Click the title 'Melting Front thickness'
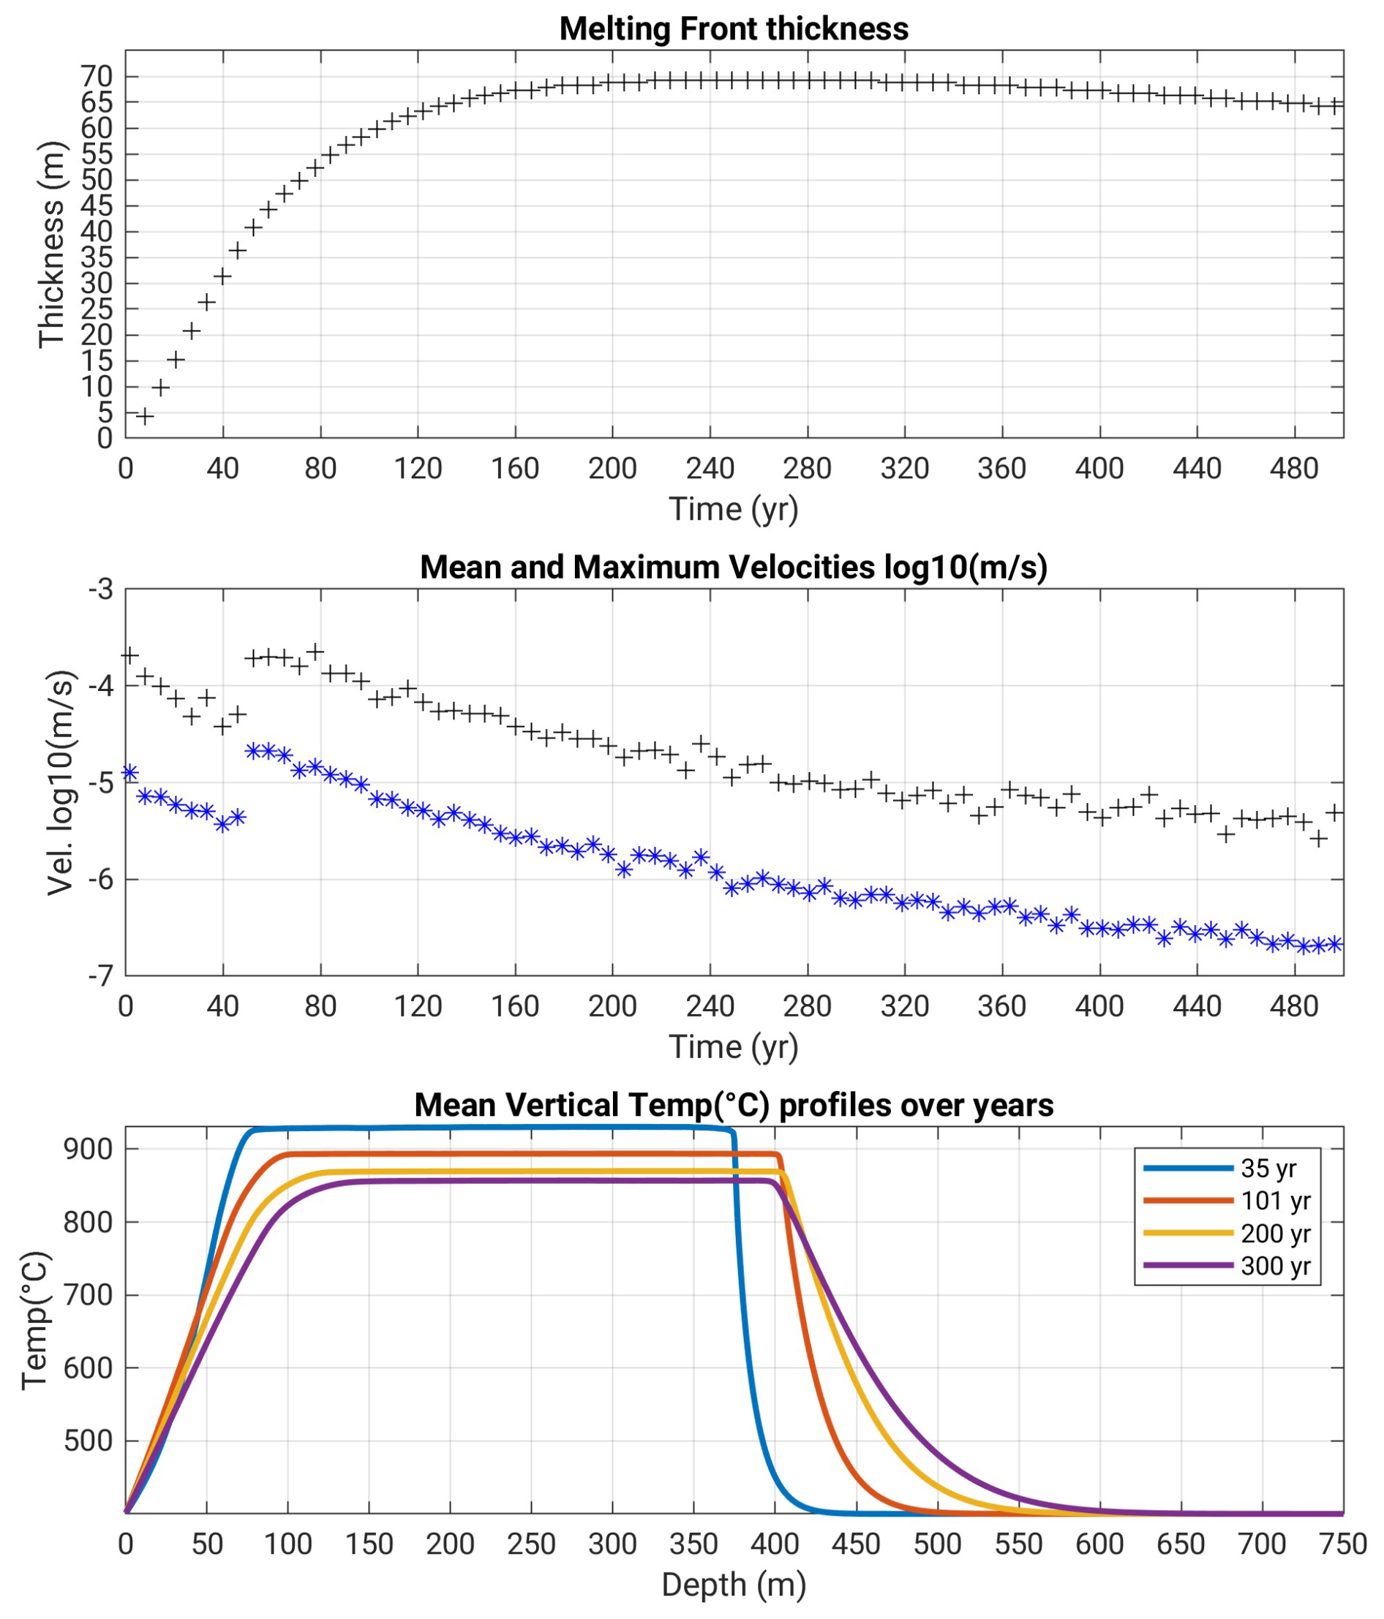pos(733,29)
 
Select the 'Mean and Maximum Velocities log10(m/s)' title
pos(733,567)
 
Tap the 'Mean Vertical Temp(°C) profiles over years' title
pos(733,1105)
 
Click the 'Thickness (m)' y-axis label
pos(52,244)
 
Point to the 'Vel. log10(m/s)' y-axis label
pos(60,782)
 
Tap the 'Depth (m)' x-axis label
pos(733,1585)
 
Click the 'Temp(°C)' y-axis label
pos(36,1321)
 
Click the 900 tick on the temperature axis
pos(89,1150)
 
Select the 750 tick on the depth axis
pos(1342,1544)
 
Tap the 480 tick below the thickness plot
pos(1294,468)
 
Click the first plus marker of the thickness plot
pos(145,415)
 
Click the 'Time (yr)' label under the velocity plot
pos(733,1047)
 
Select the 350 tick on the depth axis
pos(693,1544)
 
